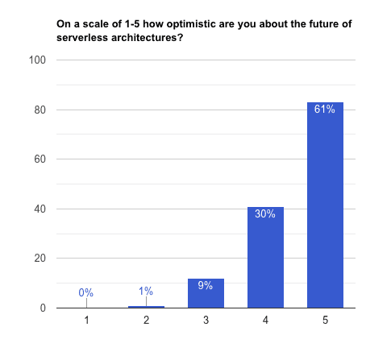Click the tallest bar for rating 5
point(325,205)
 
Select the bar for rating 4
point(265,257)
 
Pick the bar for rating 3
point(206,293)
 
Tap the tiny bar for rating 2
point(146,307)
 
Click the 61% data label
point(325,109)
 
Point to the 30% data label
point(265,213)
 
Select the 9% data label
point(206,285)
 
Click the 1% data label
point(146,291)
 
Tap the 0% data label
point(86,292)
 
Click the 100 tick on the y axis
point(37,60)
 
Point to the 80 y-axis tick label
point(40,110)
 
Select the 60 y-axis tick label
point(40,159)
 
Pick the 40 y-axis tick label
point(40,209)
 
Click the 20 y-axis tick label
point(40,259)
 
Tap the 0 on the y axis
point(43,308)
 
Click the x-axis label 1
point(86,320)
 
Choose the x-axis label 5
point(325,320)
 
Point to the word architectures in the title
point(147,38)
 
